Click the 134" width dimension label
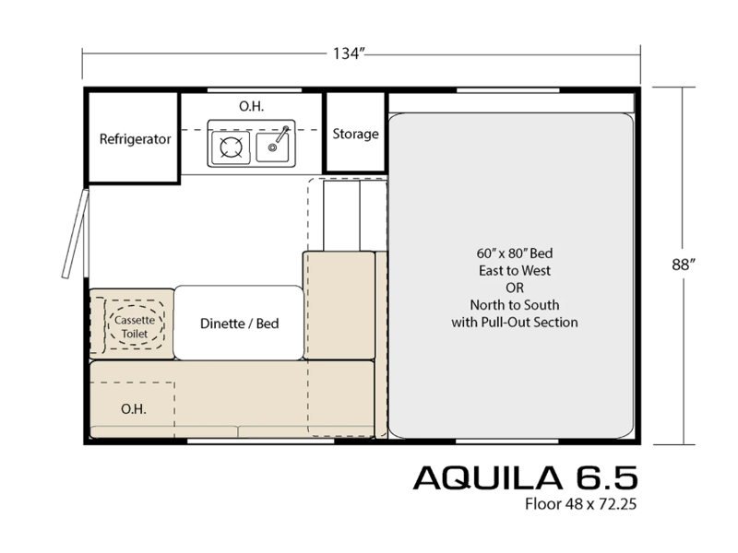click(349, 53)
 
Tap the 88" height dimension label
click(684, 265)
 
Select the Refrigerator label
click(135, 139)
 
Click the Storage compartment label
click(355, 134)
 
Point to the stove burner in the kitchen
click(231, 147)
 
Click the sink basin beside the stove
click(272, 147)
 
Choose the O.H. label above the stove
click(251, 106)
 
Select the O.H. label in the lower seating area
click(133, 409)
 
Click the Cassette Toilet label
click(135, 327)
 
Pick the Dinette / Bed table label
click(239, 324)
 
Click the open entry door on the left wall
click(76, 234)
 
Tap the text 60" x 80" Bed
click(515, 253)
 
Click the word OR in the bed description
click(515, 288)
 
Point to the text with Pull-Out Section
click(515, 322)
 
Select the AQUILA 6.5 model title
click(525, 477)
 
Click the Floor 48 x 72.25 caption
click(581, 504)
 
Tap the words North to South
click(515, 305)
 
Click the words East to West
click(515, 271)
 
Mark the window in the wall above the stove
click(255, 89)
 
